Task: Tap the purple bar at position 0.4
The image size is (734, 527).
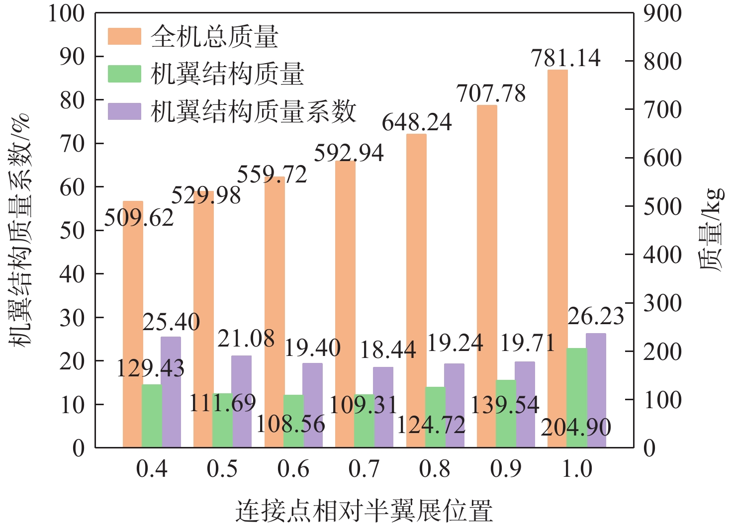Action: pyautogui.click(x=171, y=393)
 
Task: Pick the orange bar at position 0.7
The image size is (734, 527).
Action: pyautogui.click(x=345, y=303)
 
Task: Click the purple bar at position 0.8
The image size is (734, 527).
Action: pyautogui.click(x=454, y=405)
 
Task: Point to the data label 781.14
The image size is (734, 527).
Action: pyautogui.click(x=566, y=58)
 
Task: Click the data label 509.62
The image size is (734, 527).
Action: pyautogui.click(x=139, y=218)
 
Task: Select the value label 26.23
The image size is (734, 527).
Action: pyautogui.click(x=596, y=316)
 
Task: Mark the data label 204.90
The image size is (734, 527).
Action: pyautogui.click(x=576, y=427)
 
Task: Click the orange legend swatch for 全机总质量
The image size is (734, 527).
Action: pyautogui.click(x=124, y=36)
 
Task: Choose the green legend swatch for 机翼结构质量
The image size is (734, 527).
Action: pyautogui.click(x=124, y=74)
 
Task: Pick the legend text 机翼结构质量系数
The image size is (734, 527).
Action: pyautogui.click(x=254, y=111)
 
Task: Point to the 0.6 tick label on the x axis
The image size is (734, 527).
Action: pyautogui.click(x=293, y=469)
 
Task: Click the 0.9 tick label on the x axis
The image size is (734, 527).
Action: pyautogui.click(x=506, y=469)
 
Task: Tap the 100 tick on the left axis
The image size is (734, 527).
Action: pyautogui.click(x=66, y=13)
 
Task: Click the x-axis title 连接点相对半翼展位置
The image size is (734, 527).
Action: pyautogui.click(x=364, y=511)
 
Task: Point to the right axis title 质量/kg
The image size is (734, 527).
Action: pyautogui.click(x=712, y=230)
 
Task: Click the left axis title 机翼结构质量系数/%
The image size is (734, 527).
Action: pyautogui.click(x=20, y=230)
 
